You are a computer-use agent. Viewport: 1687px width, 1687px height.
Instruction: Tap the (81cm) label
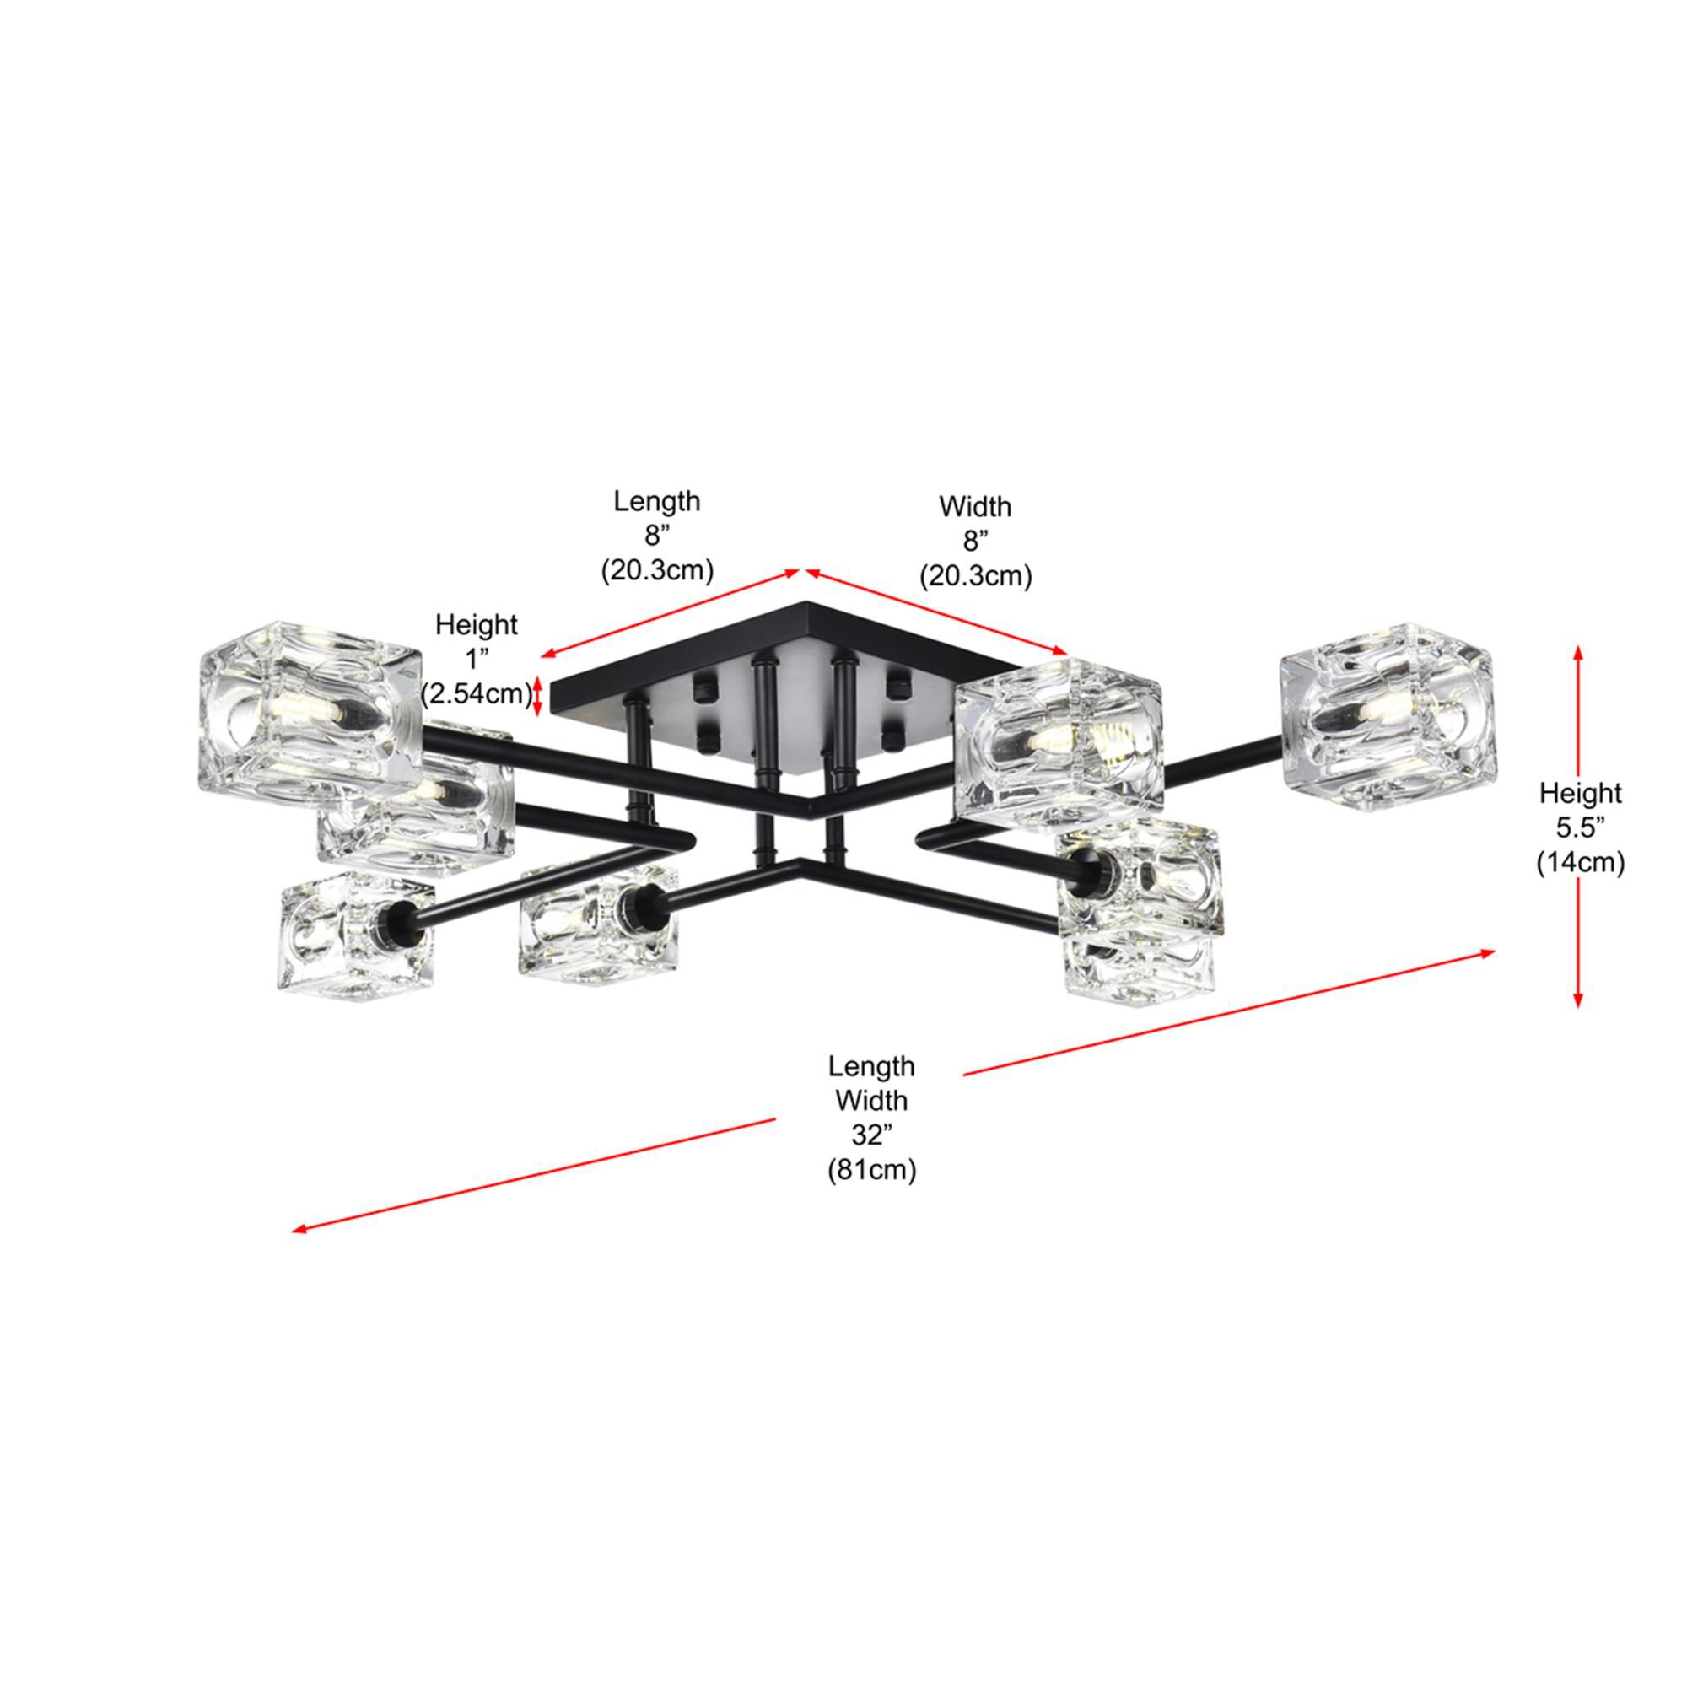[x=871, y=1169]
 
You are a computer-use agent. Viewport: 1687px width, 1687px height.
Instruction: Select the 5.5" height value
[x=1580, y=827]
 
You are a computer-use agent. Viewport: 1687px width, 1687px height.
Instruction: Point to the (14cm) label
[x=1580, y=863]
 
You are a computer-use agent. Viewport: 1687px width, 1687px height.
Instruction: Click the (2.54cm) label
[x=476, y=694]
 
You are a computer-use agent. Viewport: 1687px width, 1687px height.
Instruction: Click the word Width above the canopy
[x=974, y=506]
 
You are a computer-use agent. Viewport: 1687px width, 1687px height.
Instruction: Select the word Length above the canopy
[x=656, y=501]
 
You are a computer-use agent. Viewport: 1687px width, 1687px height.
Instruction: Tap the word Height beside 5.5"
[x=1580, y=793]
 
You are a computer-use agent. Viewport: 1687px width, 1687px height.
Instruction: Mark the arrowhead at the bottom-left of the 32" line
[x=299, y=1231]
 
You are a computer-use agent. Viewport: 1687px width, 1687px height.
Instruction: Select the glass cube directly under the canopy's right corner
[x=1059, y=742]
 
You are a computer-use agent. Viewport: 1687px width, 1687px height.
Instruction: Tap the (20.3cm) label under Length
[x=656, y=571]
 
